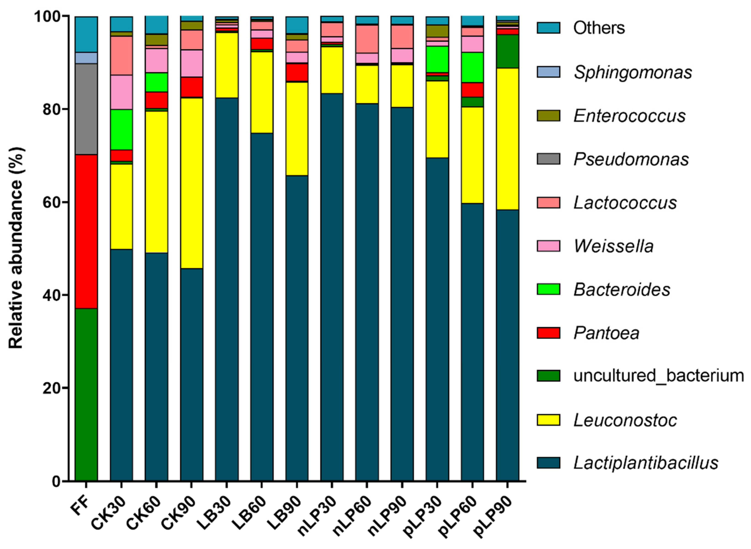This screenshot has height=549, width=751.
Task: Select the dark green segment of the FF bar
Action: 86,394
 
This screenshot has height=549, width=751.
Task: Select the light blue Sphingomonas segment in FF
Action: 86,58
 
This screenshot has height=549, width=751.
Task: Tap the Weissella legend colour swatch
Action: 548,246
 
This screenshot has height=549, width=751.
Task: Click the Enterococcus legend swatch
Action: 548,116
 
